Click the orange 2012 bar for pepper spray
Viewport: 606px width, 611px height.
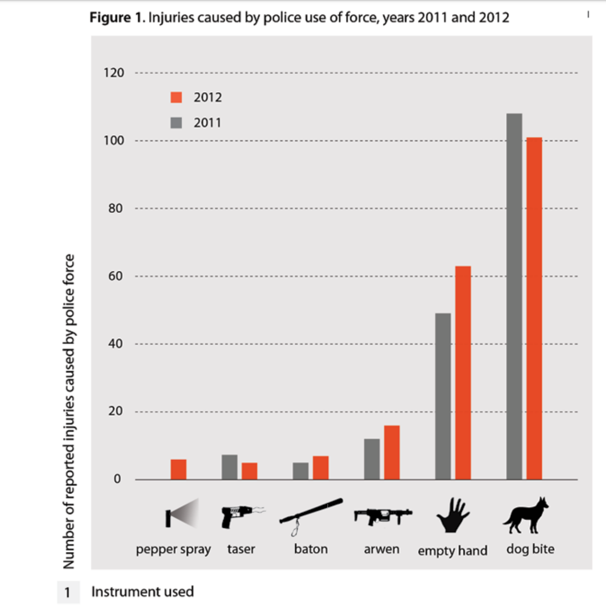coord(178,469)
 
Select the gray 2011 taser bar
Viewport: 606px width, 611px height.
coord(229,467)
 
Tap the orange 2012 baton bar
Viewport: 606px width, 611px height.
coord(321,468)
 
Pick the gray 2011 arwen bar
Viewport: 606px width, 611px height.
coord(372,459)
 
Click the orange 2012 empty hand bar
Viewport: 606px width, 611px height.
coord(463,372)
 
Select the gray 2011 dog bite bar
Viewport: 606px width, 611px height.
coord(514,296)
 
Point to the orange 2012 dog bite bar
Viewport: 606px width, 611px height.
coord(534,308)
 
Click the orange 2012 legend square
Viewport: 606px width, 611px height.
coord(176,97)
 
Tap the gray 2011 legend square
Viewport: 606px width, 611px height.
coord(176,123)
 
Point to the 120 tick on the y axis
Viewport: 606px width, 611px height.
coord(114,73)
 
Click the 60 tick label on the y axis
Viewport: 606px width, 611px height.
coord(116,276)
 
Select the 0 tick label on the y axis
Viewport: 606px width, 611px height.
coord(117,479)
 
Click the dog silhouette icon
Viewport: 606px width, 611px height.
coord(525,516)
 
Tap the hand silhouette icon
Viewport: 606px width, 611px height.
coord(453,516)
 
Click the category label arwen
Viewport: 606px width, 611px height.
coord(382,549)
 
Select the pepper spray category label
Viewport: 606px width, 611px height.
coord(173,550)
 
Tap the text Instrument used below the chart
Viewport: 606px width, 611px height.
coord(142,592)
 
